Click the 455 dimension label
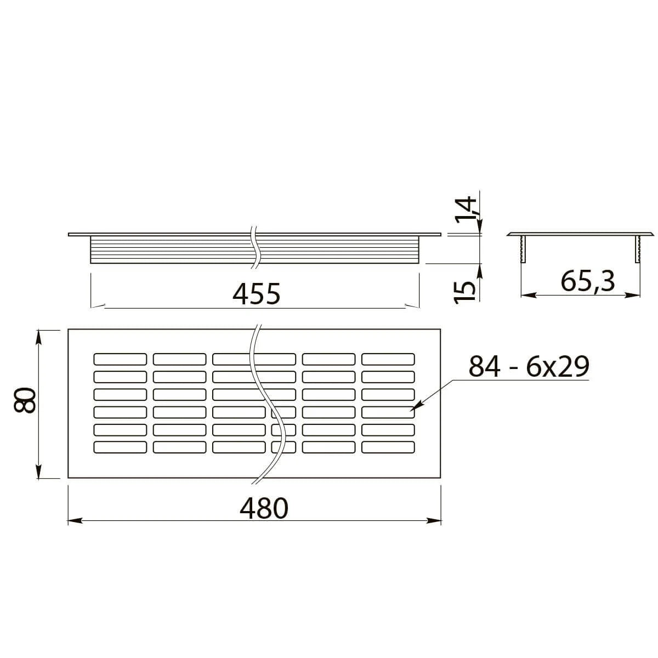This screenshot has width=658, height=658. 256,294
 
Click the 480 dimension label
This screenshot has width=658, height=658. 263,508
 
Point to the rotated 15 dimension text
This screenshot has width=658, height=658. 465,291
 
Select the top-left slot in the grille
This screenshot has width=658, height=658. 120,359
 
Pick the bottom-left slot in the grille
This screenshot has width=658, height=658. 120,447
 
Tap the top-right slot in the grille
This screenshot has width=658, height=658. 388,359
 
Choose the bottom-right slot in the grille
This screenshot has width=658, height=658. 388,447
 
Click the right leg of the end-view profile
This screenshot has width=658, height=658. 638,248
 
